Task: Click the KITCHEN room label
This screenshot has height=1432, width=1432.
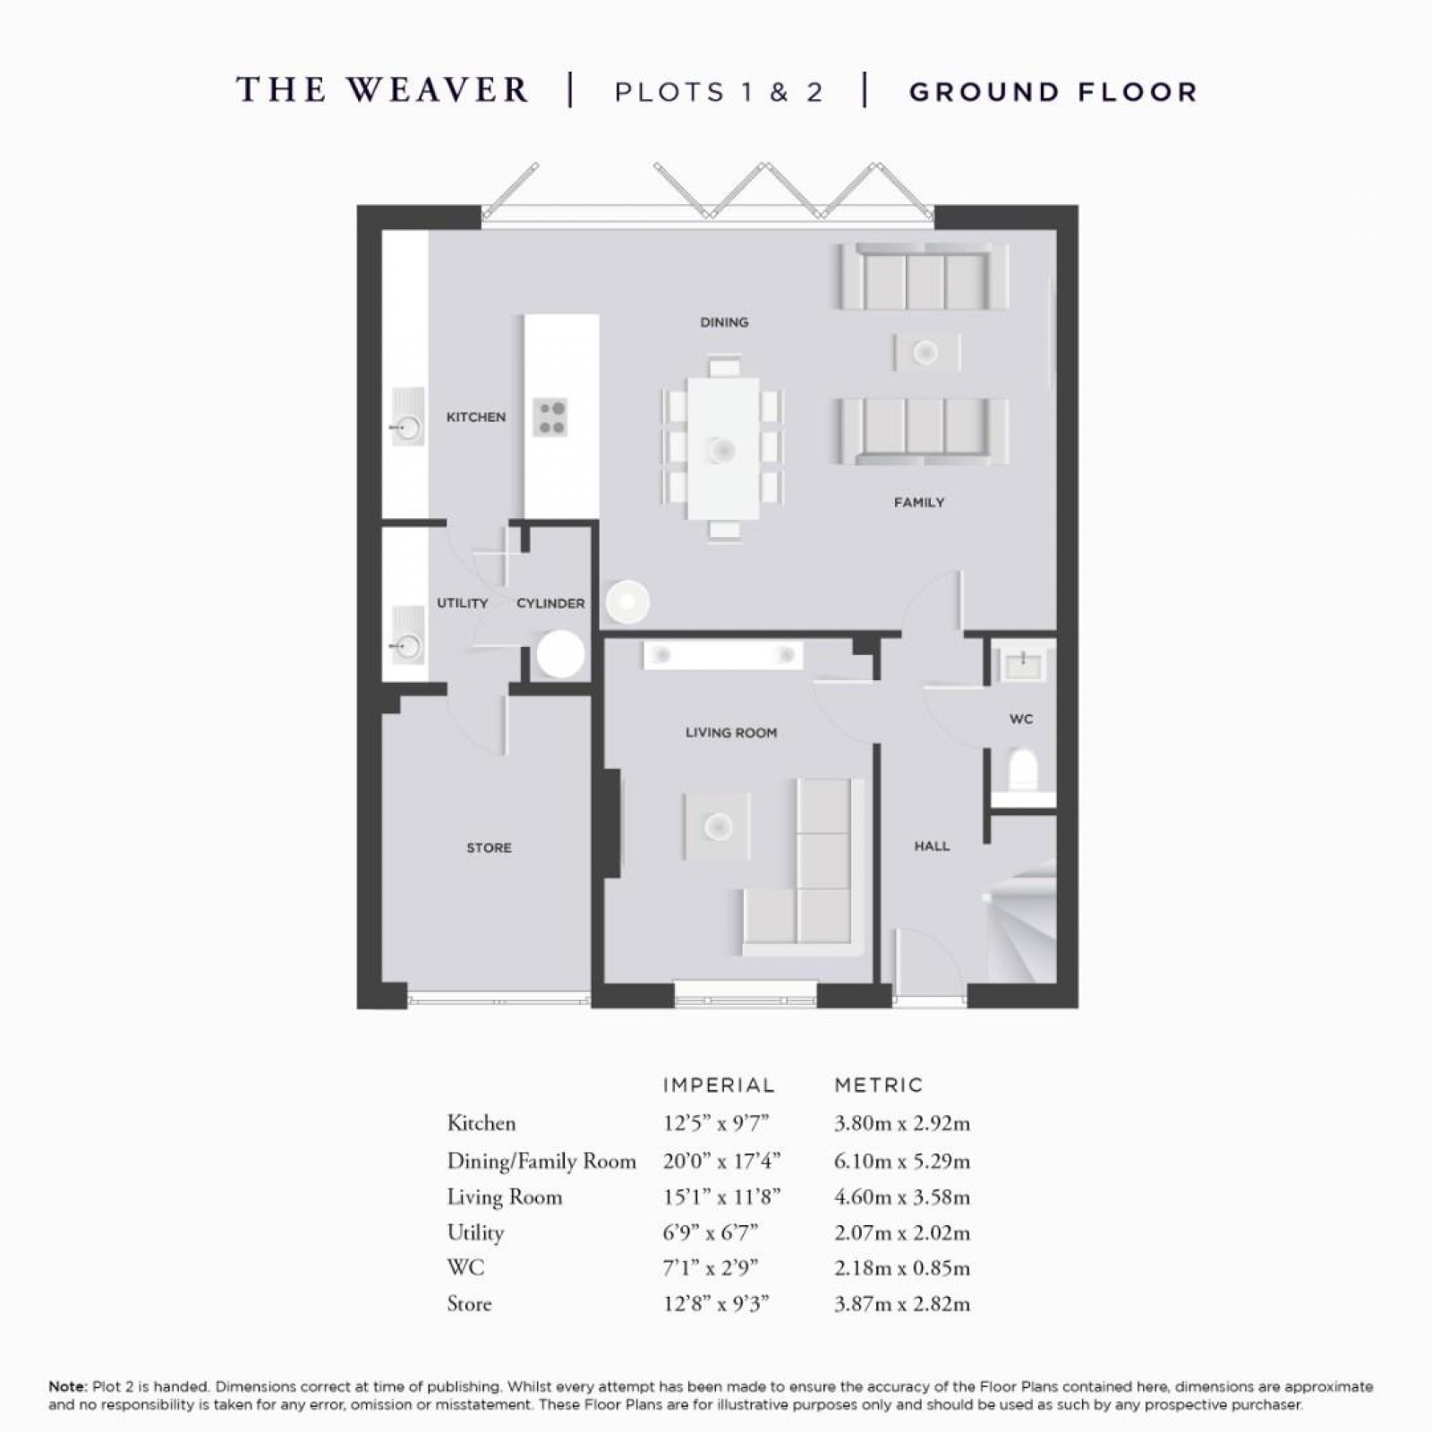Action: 475,417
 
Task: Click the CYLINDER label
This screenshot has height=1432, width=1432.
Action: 550,603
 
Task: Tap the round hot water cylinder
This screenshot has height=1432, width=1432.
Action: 560,654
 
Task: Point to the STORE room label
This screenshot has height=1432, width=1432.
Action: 489,848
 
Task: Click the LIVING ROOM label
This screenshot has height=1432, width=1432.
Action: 731,733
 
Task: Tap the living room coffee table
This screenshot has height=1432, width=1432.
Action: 716,827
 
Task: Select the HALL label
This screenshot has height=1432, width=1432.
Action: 932,846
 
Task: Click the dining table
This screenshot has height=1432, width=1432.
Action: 723,447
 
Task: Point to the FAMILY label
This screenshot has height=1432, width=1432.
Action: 919,503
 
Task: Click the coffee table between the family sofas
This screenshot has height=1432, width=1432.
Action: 926,353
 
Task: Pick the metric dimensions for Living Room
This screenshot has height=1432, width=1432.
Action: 901,1198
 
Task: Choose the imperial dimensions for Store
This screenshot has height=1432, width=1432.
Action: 716,1304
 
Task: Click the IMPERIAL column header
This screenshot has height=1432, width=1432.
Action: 718,1086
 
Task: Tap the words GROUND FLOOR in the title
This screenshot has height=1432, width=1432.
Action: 1053,92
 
